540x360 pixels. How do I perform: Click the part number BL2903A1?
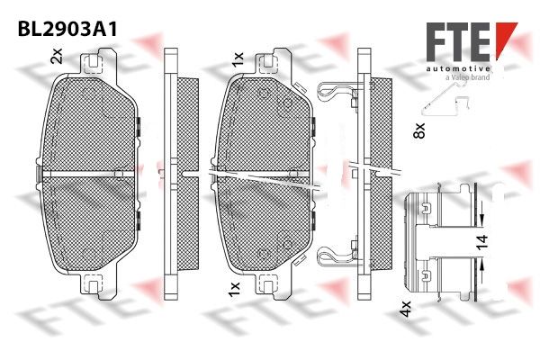67,30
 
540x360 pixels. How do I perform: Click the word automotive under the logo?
458,69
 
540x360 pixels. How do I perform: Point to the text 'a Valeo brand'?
467,77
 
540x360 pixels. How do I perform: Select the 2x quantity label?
57,56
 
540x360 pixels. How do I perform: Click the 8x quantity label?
419,130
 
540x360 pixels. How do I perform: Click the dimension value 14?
482,242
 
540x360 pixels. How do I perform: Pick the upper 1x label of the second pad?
238,59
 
